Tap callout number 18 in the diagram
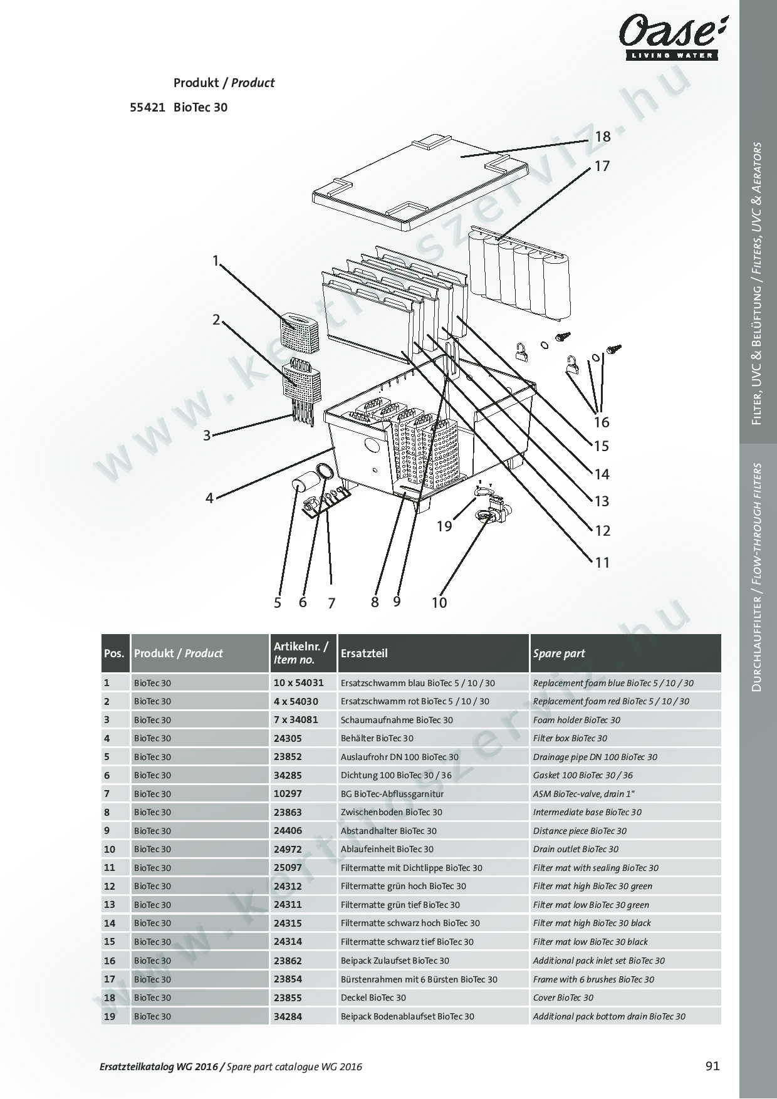point(603,137)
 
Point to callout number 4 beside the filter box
point(209,498)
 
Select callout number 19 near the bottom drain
point(444,526)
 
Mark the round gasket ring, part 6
point(324,471)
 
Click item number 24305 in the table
point(288,738)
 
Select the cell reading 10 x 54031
point(298,683)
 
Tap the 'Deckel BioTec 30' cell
point(373,997)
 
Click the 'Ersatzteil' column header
point(364,653)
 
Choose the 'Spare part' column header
point(559,653)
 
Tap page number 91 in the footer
point(712,1066)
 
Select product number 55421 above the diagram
point(147,107)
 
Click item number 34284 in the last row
point(288,1016)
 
